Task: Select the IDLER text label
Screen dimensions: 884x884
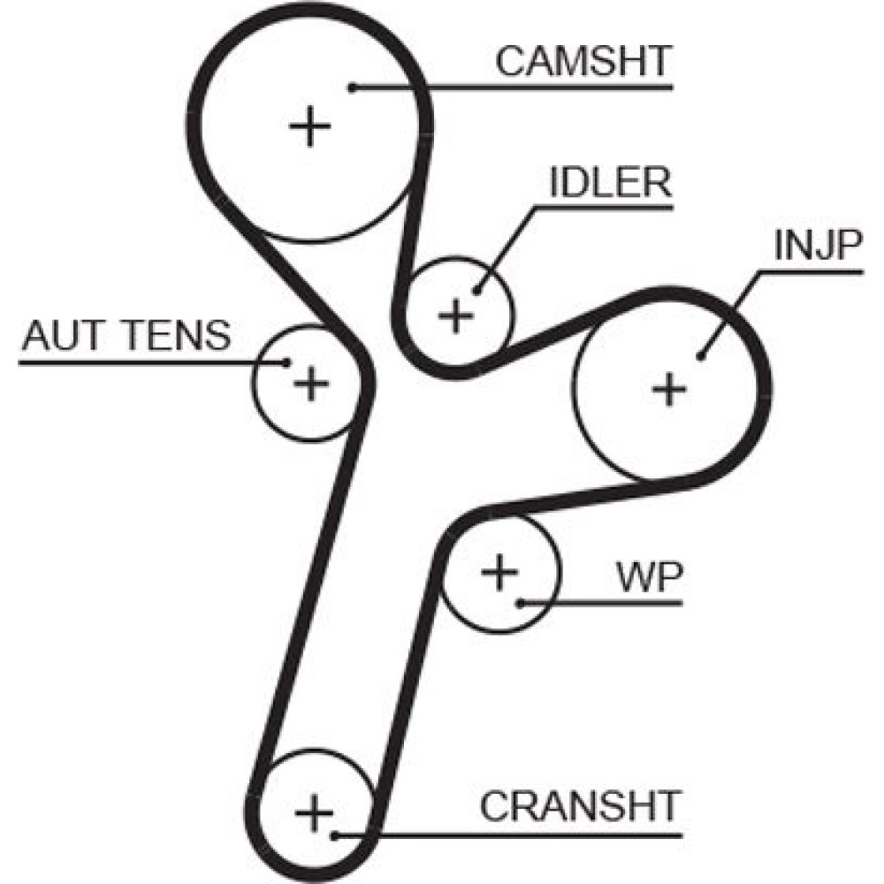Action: click(610, 183)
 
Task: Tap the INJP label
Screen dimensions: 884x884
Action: click(816, 247)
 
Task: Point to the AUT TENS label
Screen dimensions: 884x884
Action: click(126, 336)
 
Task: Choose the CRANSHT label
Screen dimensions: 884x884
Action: click(580, 806)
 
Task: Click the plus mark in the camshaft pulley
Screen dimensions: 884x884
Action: click(310, 127)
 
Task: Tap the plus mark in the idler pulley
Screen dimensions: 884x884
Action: click(456, 315)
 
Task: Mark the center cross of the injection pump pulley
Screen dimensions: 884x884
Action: click(670, 388)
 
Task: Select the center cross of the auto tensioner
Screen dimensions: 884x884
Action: click(310, 383)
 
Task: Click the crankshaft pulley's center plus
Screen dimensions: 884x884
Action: click(312, 812)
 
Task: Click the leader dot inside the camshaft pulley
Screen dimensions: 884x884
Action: click(352, 87)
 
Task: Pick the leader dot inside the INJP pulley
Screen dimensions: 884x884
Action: click(700, 356)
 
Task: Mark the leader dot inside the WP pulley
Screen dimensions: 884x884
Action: click(522, 603)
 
